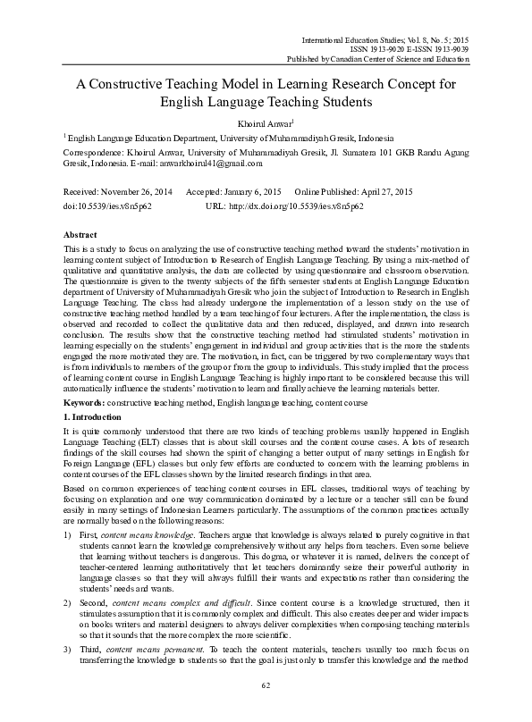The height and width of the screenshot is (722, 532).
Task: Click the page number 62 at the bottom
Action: pos(266,710)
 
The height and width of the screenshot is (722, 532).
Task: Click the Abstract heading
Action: pos(82,231)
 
